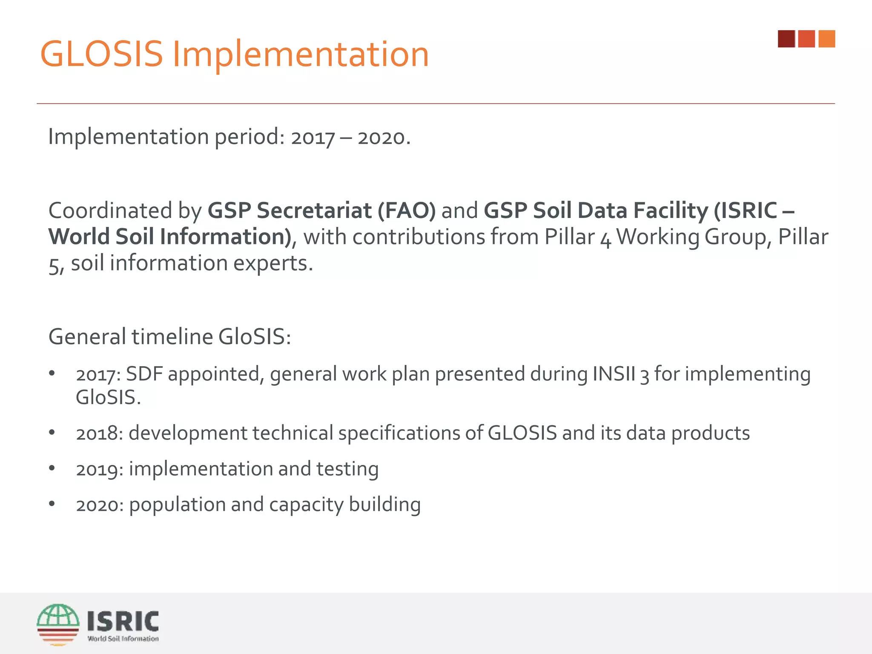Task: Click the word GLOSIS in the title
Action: pyautogui.click(x=101, y=54)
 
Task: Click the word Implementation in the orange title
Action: pyautogui.click(x=301, y=54)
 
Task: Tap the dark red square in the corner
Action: pyautogui.click(x=786, y=39)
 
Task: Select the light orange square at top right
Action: pyautogui.click(x=826, y=39)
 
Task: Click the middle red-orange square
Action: pyautogui.click(x=806, y=39)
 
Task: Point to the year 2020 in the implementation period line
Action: pyautogui.click(x=381, y=138)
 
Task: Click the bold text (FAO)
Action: pyautogui.click(x=407, y=210)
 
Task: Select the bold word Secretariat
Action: pyautogui.click(x=314, y=210)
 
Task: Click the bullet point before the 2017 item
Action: pyautogui.click(x=52, y=373)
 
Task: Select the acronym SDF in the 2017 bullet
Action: pyautogui.click(x=144, y=374)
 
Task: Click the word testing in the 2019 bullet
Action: pyautogui.click(x=347, y=469)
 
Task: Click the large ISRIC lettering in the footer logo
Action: pyautogui.click(x=123, y=621)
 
